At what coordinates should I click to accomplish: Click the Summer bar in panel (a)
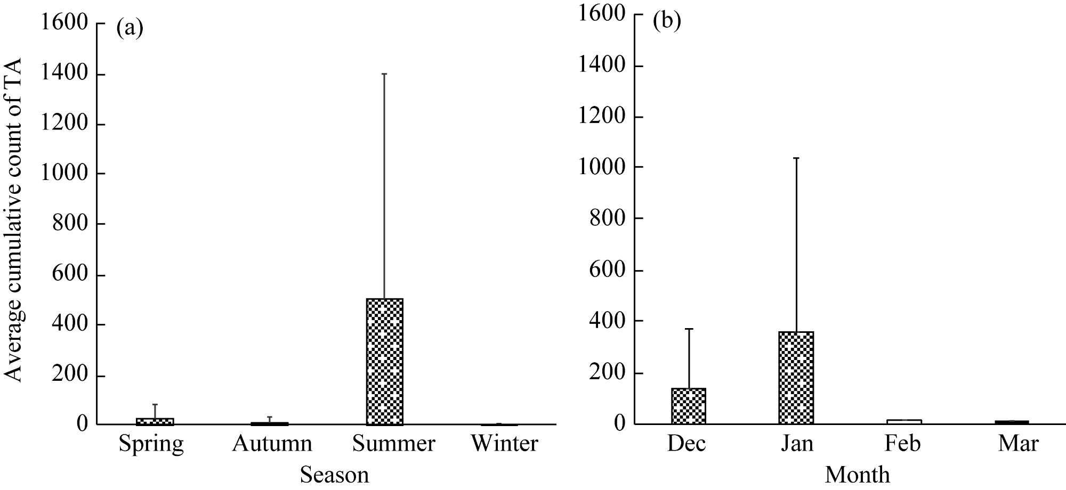click(x=384, y=362)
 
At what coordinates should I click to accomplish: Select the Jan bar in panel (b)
click(x=796, y=378)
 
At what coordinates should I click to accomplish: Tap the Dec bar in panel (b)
click(x=689, y=406)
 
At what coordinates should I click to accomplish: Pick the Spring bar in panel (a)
click(x=155, y=421)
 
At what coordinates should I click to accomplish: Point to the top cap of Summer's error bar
click(x=384, y=74)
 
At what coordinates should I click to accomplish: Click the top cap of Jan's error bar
click(x=796, y=158)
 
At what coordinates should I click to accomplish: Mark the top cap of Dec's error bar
click(x=689, y=329)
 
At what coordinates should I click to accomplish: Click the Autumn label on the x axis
click(x=272, y=444)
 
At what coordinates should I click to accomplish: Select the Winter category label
click(x=504, y=444)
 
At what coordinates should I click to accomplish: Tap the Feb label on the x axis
click(x=903, y=444)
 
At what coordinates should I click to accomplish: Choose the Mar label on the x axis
click(x=1018, y=444)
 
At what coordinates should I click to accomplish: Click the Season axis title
click(x=334, y=475)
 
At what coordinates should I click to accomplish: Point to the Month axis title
click(x=857, y=474)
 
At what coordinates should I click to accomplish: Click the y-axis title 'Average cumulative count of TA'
click(x=13, y=219)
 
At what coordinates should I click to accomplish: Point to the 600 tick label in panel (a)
click(x=70, y=275)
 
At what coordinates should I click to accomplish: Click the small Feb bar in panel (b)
click(x=904, y=421)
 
